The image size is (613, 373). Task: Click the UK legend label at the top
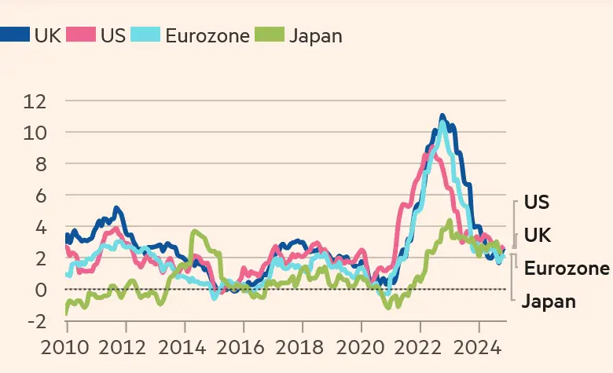47,35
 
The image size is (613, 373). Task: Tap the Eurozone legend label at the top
207,35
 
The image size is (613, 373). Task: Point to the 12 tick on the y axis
35,101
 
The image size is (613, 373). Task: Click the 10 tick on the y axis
35,132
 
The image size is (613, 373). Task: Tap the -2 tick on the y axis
36,320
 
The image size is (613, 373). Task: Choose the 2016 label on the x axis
240,346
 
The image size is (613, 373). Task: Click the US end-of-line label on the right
538,203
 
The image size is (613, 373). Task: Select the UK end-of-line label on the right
538,236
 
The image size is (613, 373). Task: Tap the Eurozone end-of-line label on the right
567,269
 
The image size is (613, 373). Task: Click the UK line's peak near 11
442,117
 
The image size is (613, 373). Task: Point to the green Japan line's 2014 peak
194,232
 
